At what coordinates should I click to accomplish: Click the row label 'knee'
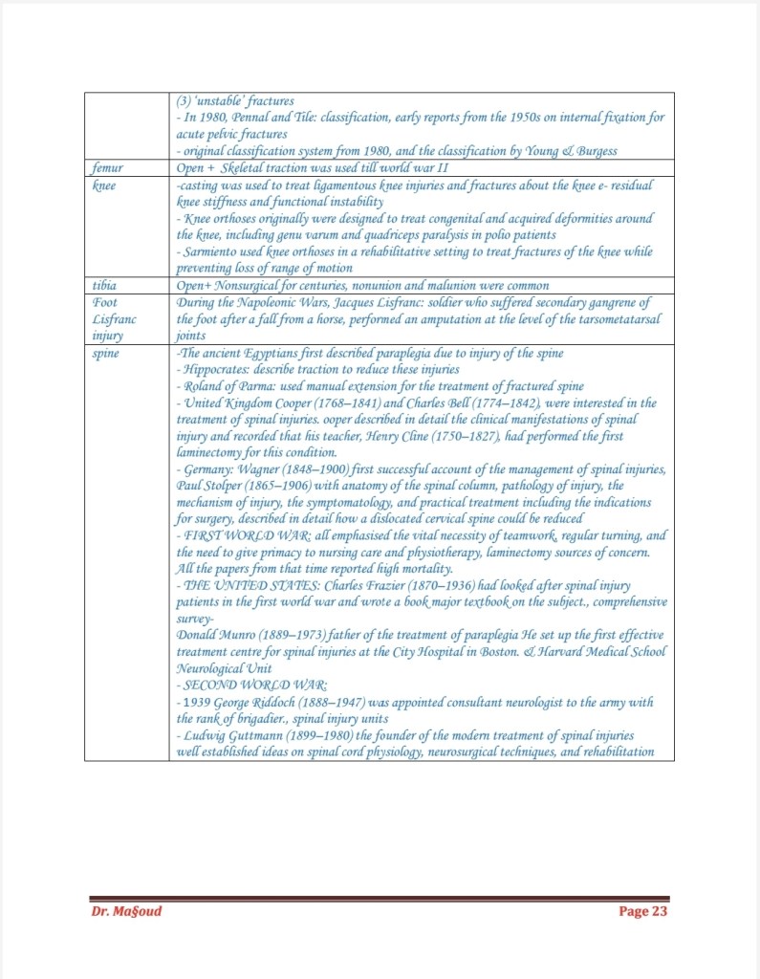(x=104, y=185)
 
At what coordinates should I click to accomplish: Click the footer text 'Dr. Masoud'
(x=126, y=911)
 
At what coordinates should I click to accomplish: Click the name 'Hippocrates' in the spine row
(x=217, y=370)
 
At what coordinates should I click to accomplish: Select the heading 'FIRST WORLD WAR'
(x=240, y=535)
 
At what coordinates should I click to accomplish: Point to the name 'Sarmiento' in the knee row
(x=214, y=251)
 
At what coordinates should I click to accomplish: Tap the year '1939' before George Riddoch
(x=195, y=702)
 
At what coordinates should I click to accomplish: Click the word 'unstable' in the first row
(x=221, y=100)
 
